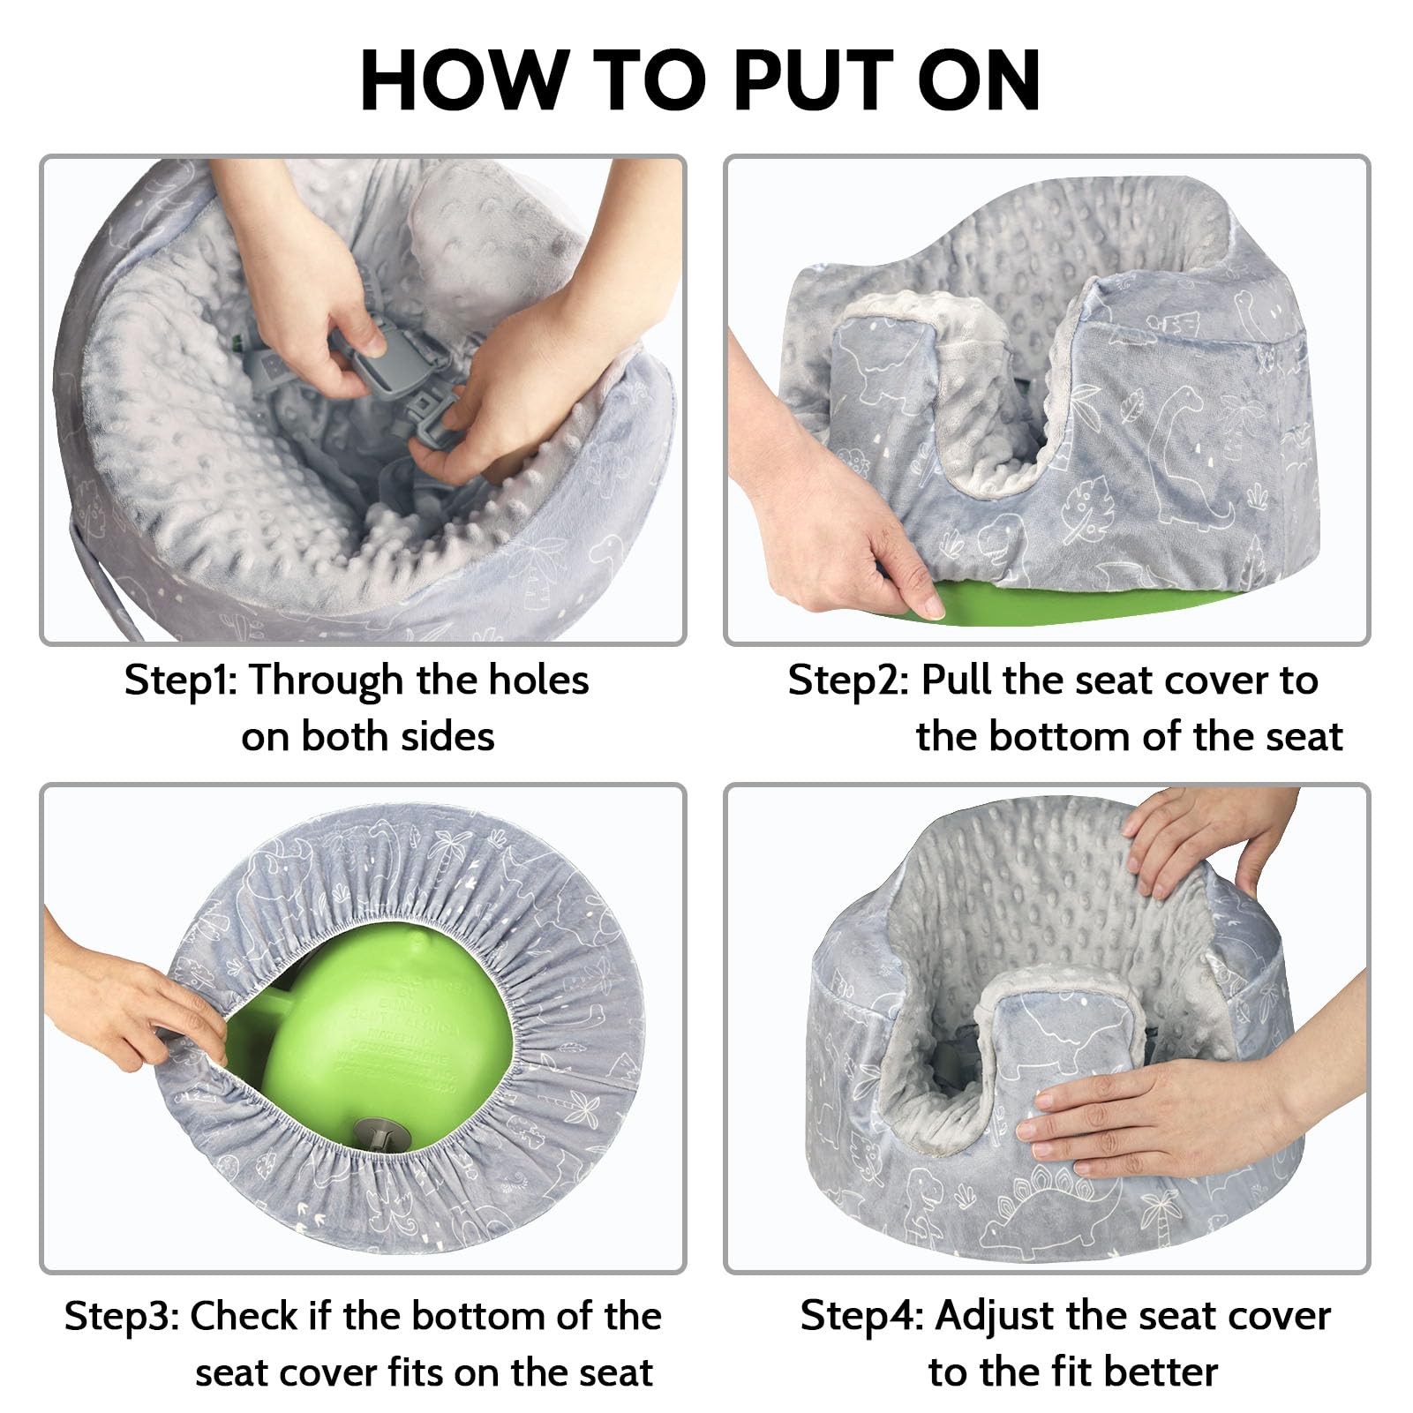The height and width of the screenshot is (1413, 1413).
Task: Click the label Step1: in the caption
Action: [x=180, y=680]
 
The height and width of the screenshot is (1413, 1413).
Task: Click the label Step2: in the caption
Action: [x=847, y=680]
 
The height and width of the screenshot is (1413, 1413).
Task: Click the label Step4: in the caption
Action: [x=861, y=1316]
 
